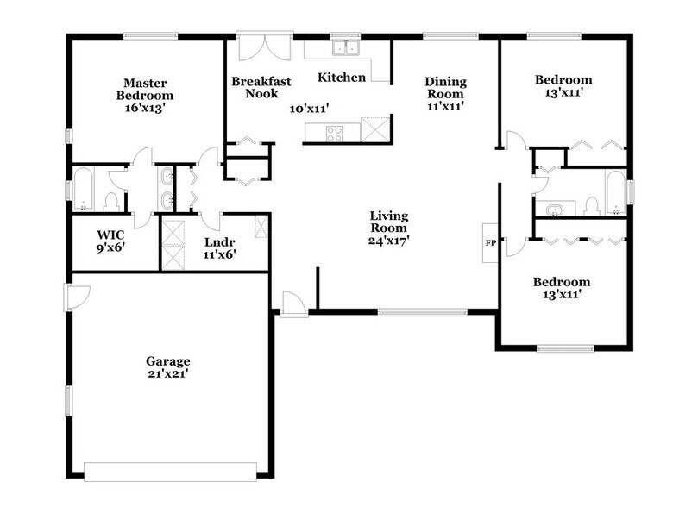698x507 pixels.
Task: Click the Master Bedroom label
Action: tap(145, 89)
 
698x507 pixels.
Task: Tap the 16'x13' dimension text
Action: tap(145, 109)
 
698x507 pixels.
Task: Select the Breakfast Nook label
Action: tap(261, 87)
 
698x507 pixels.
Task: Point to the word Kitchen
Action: tap(342, 78)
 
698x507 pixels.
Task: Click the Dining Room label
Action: tap(445, 88)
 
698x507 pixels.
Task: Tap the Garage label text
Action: tap(167, 360)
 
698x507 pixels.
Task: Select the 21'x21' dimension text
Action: tap(167, 374)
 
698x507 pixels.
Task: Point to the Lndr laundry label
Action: tap(217, 242)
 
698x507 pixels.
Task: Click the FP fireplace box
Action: tap(490, 243)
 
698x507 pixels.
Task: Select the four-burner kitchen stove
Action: tap(333, 133)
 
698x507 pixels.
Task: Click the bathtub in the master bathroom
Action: tap(84, 190)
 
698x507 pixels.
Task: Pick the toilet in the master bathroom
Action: tap(110, 202)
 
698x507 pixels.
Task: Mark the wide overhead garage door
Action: tap(170, 472)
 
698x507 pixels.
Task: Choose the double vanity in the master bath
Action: tap(167, 190)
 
